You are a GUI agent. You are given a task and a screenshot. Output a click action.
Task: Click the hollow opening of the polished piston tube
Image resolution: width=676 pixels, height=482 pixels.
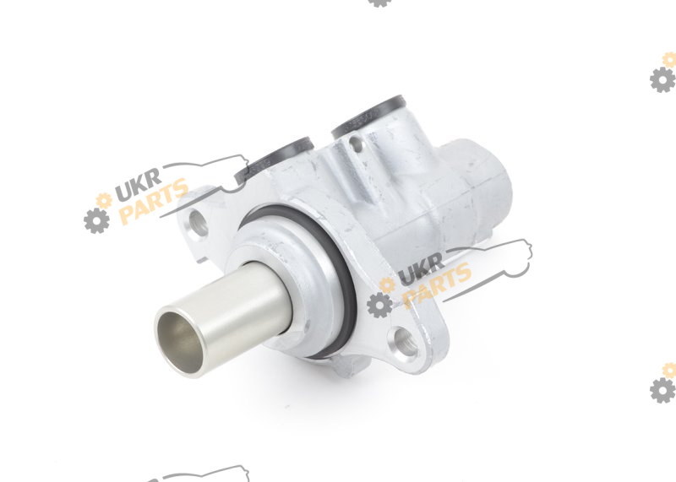(x=180, y=342)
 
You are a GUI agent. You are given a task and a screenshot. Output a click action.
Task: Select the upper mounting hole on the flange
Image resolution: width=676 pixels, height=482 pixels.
(x=198, y=223)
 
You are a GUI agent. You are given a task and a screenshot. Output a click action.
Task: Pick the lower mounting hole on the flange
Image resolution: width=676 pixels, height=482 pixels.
(x=406, y=342)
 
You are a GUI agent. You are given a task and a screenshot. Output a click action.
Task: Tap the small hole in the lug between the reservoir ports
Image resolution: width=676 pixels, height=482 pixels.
(x=355, y=144)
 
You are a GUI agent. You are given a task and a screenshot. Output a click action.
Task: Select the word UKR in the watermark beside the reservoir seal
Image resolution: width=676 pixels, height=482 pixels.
(x=138, y=184)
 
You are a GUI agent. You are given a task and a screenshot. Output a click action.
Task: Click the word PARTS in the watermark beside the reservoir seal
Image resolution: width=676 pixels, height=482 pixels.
(x=154, y=201)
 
